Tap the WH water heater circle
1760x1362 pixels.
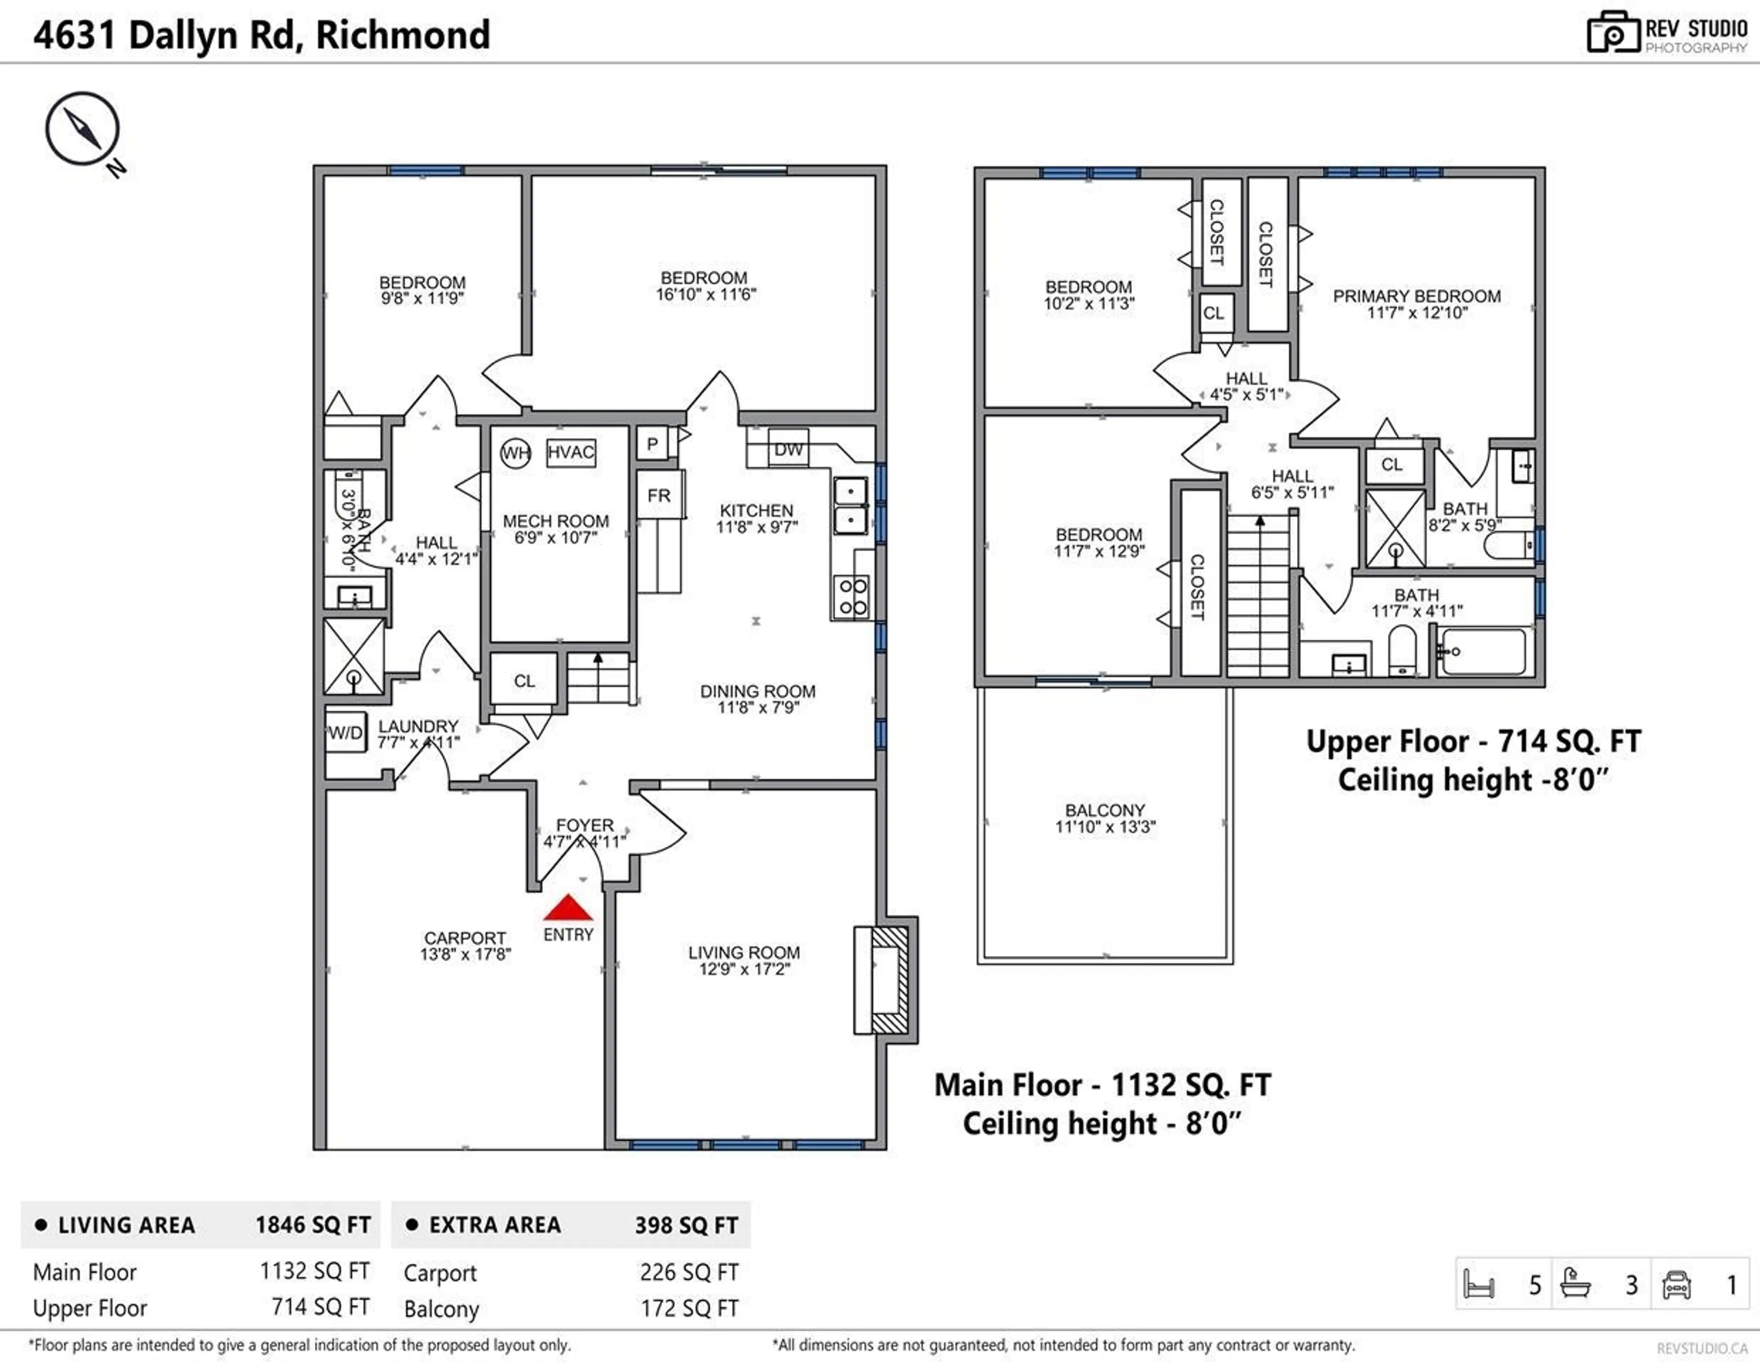click(515, 453)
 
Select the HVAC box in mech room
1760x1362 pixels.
click(571, 452)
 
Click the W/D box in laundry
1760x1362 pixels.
click(346, 732)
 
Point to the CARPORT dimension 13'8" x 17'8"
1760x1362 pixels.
click(465, 954)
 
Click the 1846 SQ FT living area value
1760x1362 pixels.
click(313, 1225)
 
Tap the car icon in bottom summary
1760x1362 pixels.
click(1676, 1285)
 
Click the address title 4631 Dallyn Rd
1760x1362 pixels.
click(261, 35)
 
